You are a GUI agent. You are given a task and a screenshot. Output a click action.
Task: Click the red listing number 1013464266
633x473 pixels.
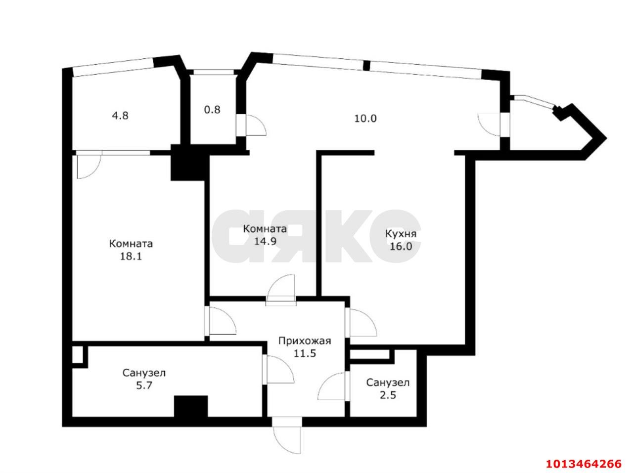coord(583,464)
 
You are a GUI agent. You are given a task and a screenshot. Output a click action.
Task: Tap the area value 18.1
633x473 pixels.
coord(131,257)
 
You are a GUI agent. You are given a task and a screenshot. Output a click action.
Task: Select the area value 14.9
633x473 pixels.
coord(265,241)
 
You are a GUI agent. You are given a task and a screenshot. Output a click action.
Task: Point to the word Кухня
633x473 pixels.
coord(401,234)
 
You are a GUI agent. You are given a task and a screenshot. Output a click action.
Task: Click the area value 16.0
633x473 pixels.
coord(401,247)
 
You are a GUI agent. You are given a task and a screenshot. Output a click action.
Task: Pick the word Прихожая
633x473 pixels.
coord(305,341)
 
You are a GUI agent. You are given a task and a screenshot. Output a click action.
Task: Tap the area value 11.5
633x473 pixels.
coord(305,353)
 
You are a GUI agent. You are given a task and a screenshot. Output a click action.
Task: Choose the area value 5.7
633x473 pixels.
coord(144,386)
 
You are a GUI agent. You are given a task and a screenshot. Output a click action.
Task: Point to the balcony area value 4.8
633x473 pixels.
coord(120,116)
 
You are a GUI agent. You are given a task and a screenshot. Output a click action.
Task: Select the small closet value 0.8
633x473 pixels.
coord(212,110)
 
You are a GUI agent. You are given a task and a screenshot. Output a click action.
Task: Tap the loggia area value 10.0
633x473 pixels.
coord(365,119)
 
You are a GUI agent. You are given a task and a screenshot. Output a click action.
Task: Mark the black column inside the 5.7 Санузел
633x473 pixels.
coord(190,406)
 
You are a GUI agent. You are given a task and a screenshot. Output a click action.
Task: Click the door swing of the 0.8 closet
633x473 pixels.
coord(256,125)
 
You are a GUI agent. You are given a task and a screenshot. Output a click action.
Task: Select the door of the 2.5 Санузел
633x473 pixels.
coord(332,387)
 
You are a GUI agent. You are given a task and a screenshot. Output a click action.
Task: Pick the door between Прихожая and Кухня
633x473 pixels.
coord(362,322)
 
